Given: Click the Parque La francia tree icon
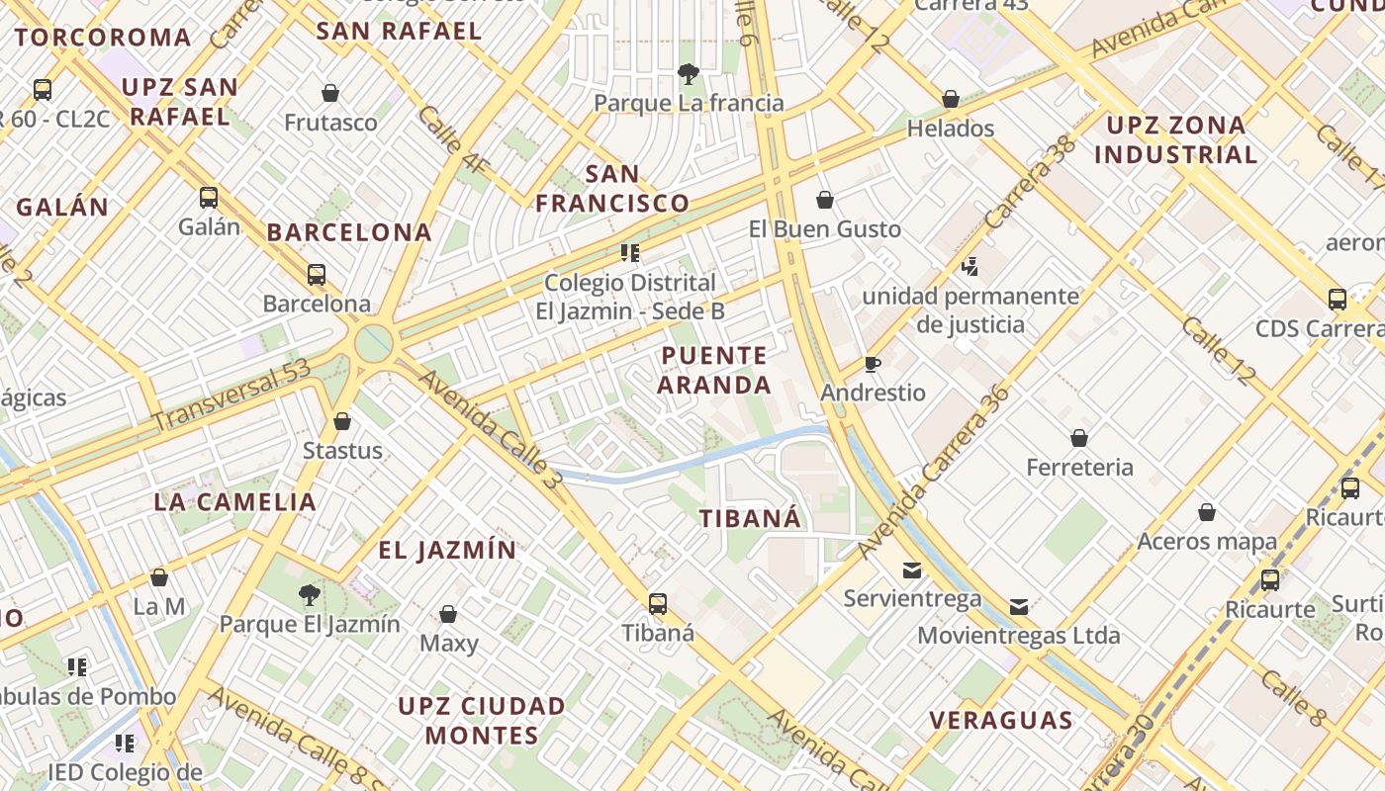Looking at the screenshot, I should (688, 73).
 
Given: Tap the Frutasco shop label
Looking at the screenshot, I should (330, 123).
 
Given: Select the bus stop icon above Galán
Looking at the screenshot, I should (209, 197).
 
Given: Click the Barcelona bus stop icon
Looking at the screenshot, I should (317, 275).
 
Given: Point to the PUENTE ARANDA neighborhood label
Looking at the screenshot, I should (714, 370).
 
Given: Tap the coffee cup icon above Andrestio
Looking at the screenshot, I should (872, 364).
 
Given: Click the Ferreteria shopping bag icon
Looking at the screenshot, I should (1079, 437).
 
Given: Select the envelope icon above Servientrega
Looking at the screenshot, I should (912, 570).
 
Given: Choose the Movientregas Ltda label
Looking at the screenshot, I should (1019, 635).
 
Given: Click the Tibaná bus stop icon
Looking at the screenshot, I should (658, 603).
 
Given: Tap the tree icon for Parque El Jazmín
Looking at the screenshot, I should (309, 594).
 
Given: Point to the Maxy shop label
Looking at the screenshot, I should (449, 644).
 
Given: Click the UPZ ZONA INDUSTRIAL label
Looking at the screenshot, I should (1176, 139).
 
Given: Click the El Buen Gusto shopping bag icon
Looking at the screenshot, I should (825, 201).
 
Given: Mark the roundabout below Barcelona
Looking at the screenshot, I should (374, 343).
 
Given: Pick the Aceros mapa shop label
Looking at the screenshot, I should (1207, 541).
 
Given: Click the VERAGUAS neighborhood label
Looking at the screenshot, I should (1001, 720).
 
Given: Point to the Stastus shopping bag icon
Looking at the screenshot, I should (342, 422).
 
